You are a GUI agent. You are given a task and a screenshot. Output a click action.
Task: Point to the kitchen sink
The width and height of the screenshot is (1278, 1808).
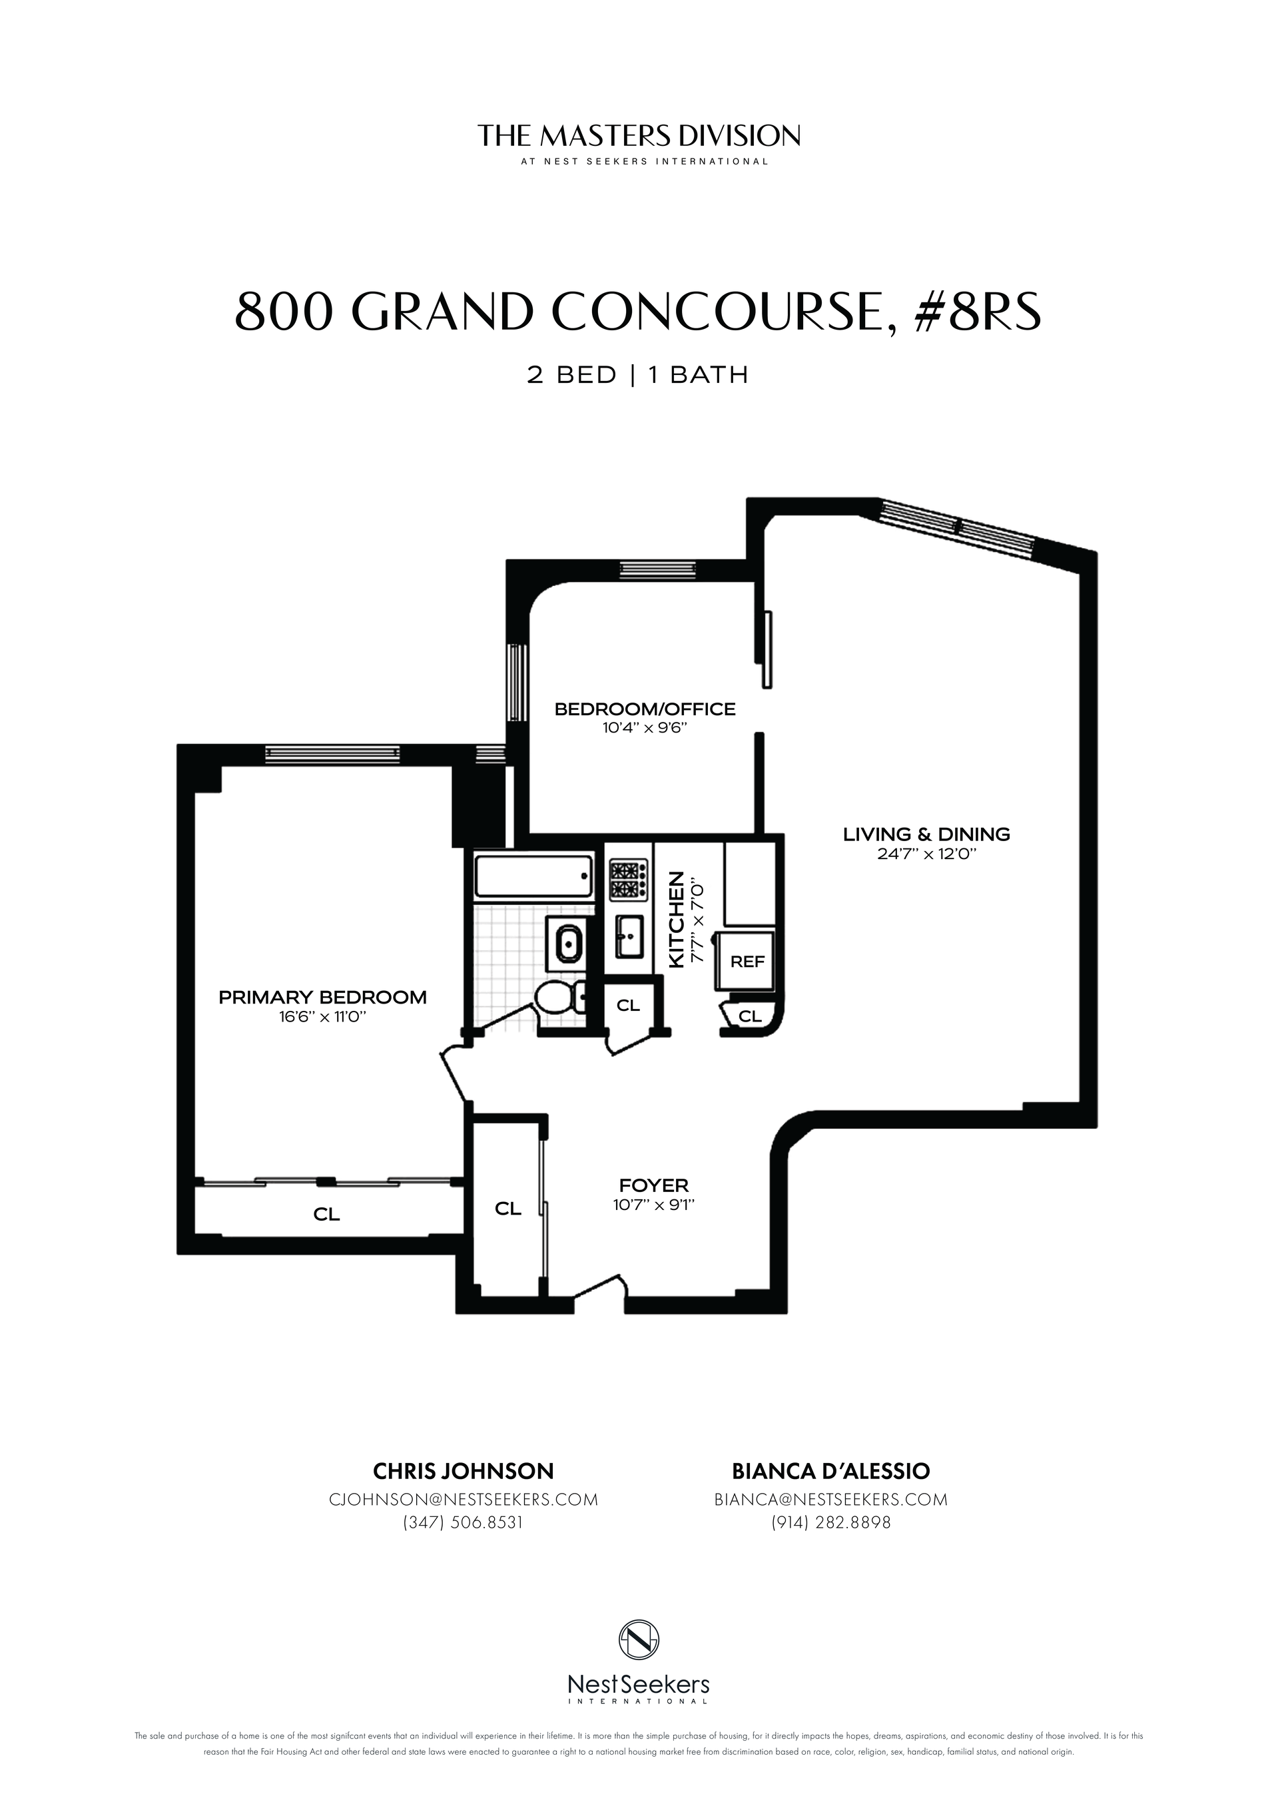point(629,936)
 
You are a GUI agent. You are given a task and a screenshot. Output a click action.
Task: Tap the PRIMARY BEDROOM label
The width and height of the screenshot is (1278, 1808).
point(322,997)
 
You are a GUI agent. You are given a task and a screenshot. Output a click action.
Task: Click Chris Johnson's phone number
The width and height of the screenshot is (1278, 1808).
point(463,1522)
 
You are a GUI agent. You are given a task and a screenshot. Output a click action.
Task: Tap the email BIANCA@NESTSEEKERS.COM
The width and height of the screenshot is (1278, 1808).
point(830,1499)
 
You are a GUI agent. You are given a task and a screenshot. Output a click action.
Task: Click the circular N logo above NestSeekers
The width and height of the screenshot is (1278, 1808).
point(639,1639)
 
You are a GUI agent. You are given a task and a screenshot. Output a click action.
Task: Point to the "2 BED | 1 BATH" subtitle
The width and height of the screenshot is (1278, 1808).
point(638,375)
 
